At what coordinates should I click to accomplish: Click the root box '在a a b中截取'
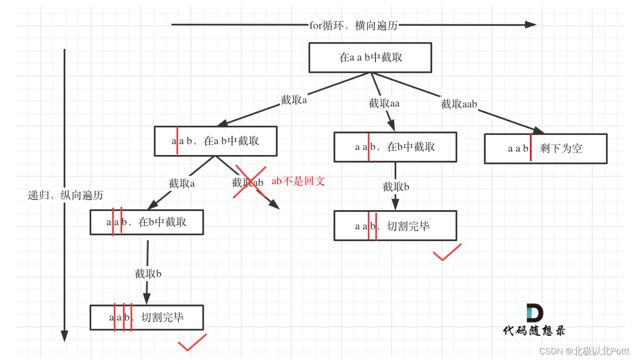(x=370, y=58)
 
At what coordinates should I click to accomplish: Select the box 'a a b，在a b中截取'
(x=216, y=141)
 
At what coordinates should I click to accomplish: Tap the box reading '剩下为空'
(x=545, y=149)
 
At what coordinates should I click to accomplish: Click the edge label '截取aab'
(x=459, y=104)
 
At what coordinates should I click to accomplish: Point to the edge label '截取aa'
(x=384, y=103)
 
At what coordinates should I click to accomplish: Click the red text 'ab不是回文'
(x=298, y=181)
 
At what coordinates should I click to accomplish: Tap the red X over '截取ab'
(x=250, y=181)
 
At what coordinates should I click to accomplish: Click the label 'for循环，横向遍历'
(x=353, y=25)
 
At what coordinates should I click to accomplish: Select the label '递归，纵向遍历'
(x=65, y=196)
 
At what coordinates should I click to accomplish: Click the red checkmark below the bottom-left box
(x=192, y=343)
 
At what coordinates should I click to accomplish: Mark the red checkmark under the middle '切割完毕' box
(x=447, y=253)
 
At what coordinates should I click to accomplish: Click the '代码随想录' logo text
(x=534, y=330)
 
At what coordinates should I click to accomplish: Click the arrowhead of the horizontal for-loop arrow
(x=531, y=24)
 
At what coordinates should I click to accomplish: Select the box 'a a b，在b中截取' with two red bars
(x=147, y=222)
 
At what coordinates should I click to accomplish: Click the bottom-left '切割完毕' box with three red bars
(x=147, y=318)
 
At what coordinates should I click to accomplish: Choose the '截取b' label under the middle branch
(x=396, y=187)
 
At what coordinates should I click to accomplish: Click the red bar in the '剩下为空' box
(x=530, y=148)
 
